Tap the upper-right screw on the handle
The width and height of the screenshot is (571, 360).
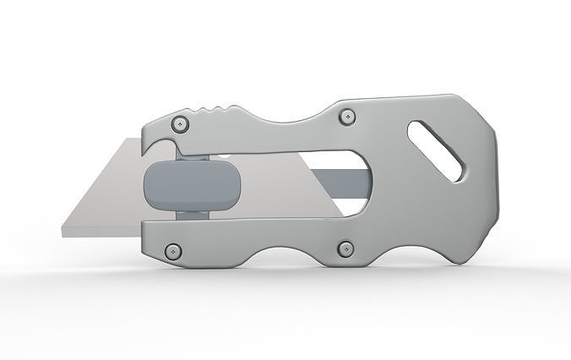click(345, 117)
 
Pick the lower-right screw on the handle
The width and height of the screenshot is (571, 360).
click(345, 248)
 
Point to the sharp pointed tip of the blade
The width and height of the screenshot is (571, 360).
click(65, 229)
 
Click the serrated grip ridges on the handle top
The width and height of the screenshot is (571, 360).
click(217, 108)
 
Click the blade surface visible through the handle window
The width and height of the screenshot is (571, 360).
click(279, 182)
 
